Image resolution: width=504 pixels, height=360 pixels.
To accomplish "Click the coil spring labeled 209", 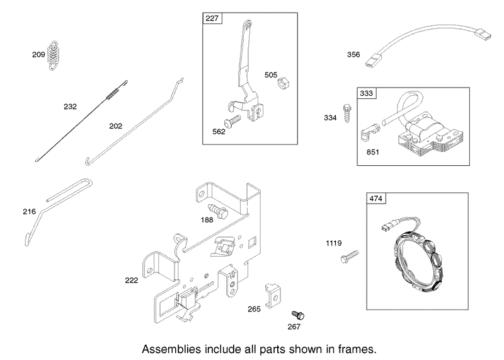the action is point(53,55).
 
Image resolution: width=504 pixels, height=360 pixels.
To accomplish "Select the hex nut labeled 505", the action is point(283,84).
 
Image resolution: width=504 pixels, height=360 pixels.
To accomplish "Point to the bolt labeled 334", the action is point(347,113).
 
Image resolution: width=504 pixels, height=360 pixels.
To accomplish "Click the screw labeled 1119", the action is point(349,257).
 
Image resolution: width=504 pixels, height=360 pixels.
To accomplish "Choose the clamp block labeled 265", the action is point(272,295).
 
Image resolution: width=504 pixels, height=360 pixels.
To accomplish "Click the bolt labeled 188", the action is point(218,211).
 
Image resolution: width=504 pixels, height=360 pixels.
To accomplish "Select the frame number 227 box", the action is point(212,18).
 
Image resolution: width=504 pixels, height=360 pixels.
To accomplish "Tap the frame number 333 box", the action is point(367,93).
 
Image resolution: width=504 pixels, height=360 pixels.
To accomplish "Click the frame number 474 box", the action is point(376,199).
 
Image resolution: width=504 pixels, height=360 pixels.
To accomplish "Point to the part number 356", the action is point(353,54).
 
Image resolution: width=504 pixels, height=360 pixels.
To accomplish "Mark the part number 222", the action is point(132,280).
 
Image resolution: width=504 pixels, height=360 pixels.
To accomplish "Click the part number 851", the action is point(373,152).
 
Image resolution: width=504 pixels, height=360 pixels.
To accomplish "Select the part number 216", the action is point(29,211).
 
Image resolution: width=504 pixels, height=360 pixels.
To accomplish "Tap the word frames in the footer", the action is point(357,349).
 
